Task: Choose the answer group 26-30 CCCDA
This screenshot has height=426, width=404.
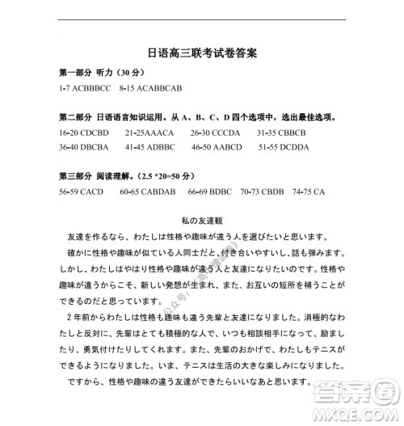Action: [x=216, y=132]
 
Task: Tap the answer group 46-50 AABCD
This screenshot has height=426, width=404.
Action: [x=217, y=148]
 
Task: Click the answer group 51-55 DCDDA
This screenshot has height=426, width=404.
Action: [x=284, y=148]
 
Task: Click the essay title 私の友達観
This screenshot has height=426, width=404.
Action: [x=202, y=220]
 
